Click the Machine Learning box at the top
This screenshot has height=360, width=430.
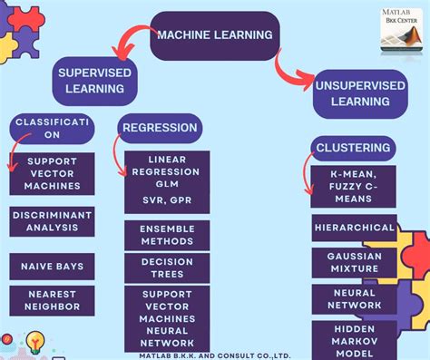214,35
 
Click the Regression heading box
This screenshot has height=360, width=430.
160,128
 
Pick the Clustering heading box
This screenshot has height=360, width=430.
352,147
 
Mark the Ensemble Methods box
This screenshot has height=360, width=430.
166,236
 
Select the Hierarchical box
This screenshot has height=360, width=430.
354,228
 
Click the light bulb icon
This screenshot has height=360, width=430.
35,342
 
